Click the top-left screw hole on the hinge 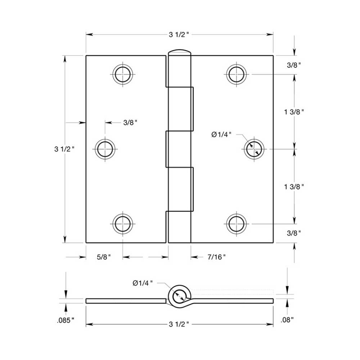[x=122, y=75]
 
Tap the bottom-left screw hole [x=122, y=224]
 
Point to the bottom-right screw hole [x=236, y=224]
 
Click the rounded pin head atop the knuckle [x=179, y=52]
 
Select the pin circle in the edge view [x=179, y=296]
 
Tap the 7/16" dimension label [x=216, y=257]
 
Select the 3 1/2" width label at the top [x=179, y=35]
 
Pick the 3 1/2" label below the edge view [x=179, y=325]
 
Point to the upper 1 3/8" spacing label [x=294, y=112]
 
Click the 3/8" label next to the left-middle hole [x=131, y=123]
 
